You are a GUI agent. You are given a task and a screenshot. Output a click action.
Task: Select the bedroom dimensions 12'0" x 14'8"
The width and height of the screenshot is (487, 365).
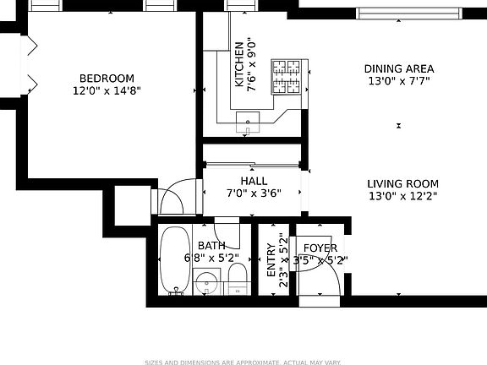click(107, 90)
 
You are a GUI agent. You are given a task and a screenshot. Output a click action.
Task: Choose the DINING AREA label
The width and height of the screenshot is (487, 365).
click(399, 69)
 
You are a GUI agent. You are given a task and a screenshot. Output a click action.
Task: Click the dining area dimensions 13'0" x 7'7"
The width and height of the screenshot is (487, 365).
click(399, 82)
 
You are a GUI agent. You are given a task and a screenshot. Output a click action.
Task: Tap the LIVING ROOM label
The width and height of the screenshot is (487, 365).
click(402, 183)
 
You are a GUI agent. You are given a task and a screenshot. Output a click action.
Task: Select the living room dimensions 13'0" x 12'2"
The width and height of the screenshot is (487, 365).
click(402, 196)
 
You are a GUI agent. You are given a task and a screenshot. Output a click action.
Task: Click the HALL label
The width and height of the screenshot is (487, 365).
click(254, 181)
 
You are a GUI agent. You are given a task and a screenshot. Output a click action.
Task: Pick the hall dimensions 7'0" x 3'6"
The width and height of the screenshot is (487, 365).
click(254, 193)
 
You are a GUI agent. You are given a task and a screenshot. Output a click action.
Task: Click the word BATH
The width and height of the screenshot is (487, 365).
click(211, 246)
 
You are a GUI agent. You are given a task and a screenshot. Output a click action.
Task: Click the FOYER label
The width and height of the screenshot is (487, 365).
click(320, 248)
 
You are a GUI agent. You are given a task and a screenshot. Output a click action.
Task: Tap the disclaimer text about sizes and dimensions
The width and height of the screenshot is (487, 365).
click(243, 361)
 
